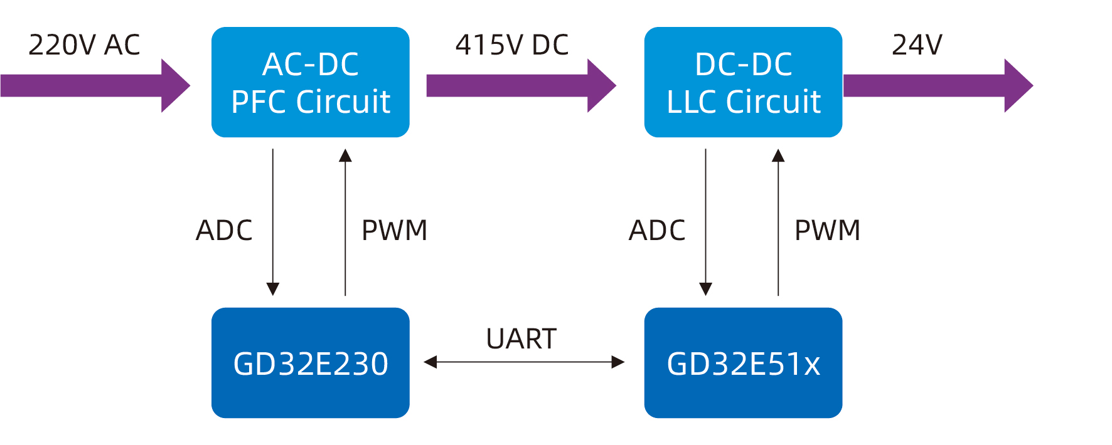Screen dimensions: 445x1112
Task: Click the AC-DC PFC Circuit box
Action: (310, 82)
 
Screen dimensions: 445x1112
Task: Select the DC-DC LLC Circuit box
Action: (743, 82)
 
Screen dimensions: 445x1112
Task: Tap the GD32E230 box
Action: (310, 363)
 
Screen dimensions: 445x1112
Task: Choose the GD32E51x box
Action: (743, 363)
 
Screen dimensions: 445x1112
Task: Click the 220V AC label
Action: (84, 45)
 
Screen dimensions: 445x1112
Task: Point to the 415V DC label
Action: (511, 45)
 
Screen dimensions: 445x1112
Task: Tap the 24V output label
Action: (917, 45)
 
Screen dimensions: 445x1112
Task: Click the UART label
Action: (521, 339)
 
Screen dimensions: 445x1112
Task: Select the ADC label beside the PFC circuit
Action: (224, 231)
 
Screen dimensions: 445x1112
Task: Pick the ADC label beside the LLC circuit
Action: (657, 231)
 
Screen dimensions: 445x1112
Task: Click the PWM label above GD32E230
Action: (394, 231)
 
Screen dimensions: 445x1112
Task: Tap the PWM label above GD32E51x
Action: (827, 231)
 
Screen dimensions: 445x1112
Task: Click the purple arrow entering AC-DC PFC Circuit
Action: (94, 86)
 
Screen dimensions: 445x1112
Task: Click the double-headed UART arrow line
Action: (523, 362)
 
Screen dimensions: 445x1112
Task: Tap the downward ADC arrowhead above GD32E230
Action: (273, 288)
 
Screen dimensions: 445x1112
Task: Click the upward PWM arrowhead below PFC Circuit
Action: (345, 155)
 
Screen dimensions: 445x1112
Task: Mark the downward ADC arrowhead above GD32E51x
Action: (706, 288)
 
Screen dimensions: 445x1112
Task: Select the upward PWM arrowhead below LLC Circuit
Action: (778, 155)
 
